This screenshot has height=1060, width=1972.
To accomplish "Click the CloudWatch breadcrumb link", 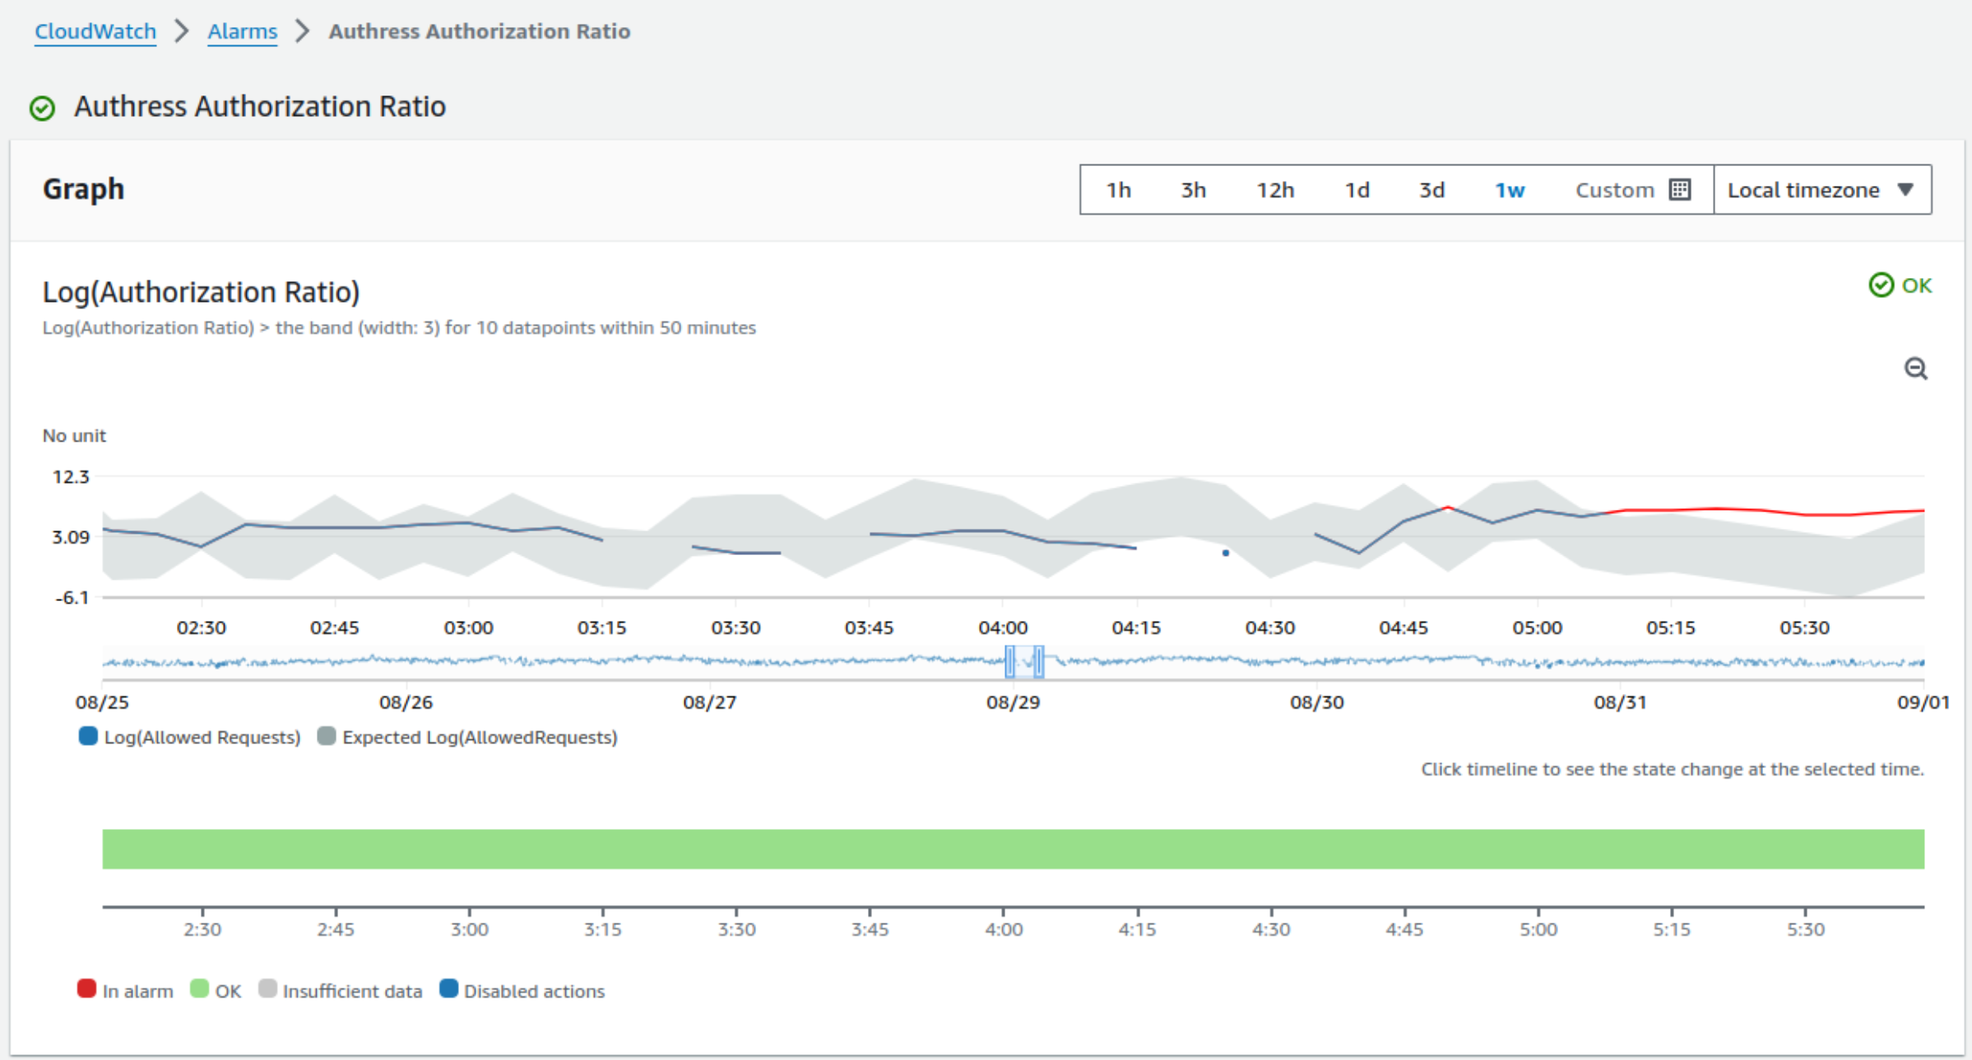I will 95,31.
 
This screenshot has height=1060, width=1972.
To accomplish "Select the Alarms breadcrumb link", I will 242,31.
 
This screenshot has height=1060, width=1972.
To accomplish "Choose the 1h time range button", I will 1118,190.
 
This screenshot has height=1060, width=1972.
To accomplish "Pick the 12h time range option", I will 1274,190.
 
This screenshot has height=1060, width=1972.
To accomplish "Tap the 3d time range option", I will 1431,190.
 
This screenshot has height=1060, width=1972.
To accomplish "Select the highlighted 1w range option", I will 1510,190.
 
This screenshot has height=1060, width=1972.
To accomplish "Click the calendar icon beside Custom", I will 1680,190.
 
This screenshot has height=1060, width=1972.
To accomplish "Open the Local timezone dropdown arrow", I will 1905,190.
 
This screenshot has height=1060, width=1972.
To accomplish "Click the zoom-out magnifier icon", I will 1915,368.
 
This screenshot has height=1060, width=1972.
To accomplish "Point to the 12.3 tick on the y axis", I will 71,477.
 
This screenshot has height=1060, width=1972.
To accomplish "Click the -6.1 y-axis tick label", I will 72,598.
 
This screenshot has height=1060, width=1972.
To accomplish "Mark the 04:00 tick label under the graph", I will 1002,628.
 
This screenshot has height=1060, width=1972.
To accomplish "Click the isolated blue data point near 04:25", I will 1225,553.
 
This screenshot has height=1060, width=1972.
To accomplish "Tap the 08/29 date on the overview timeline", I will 1013,702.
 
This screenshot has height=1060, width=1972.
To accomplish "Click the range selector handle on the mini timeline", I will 1010,661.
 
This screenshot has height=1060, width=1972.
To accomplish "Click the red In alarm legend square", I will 86,989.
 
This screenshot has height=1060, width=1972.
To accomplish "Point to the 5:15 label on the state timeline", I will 1671,930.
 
